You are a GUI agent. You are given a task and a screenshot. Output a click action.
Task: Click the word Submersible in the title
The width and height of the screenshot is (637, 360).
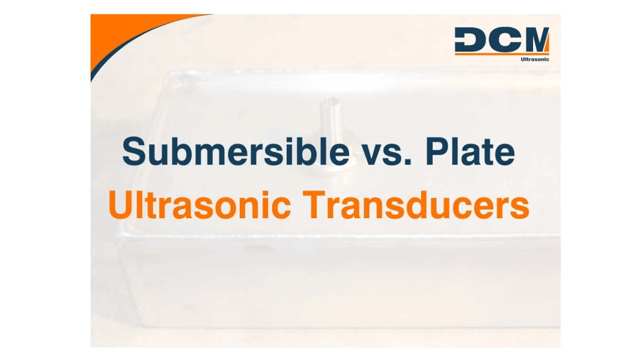point(235,151)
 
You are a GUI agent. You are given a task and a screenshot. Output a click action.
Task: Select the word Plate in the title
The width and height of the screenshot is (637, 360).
point(470,151)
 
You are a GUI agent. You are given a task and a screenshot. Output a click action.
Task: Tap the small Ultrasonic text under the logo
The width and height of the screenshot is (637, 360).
point(534,59)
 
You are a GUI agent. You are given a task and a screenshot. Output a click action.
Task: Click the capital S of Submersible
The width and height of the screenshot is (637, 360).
point(135,151)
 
